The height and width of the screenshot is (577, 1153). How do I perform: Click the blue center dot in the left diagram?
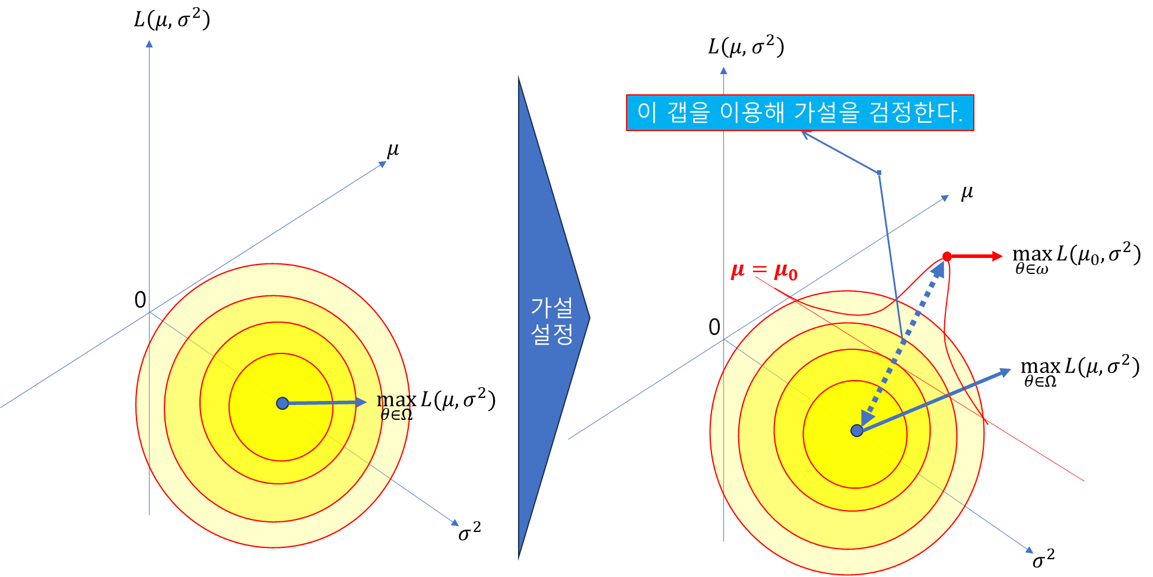[x=282, y=403]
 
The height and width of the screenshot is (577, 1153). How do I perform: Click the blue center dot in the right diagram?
[x=857, y=431]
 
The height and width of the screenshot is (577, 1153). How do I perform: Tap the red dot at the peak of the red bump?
[x=947, y=256]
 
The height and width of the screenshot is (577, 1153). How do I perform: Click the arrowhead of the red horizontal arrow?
[x=998, y=256]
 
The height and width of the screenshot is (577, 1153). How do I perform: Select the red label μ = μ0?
[x=764, y=271]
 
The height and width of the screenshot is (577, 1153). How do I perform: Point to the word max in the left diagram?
[x=393, y=400]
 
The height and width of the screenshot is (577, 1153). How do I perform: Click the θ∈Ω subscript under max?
[x=395, y=415]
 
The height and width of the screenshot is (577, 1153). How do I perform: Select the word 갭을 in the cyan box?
[x=688, y=113]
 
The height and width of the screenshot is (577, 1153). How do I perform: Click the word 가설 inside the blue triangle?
[x=552, y=308]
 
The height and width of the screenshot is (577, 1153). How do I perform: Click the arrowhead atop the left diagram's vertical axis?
[x=150, y=43]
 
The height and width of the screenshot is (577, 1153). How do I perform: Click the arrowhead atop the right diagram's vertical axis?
[x=723, y=71]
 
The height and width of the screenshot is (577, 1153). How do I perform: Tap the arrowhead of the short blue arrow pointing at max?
[x=361, y=402]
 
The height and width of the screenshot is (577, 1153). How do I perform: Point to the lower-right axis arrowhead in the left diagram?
[x=455, y=522]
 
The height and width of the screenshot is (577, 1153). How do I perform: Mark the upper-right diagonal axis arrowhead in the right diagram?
[x=945, y=198]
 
